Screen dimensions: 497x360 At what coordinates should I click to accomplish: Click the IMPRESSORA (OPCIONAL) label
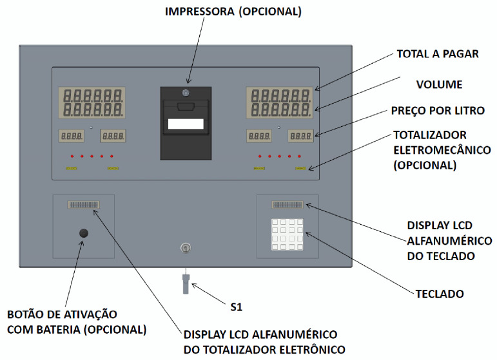tap(233, 12)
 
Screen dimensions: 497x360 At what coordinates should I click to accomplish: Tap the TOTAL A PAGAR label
tap(438, 54)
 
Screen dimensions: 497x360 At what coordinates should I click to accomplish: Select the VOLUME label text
tap(439, 84)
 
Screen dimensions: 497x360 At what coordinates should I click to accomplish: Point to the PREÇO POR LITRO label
tap(438, 111)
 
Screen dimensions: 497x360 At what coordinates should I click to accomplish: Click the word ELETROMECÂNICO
tap(442, 150)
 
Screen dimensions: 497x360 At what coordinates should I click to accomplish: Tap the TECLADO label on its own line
tap(440, 294)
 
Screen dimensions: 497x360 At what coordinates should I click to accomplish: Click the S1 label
tap(236, 307)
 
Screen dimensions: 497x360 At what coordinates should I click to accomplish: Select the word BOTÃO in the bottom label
tap(25, 314)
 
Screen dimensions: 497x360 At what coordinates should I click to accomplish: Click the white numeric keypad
tap(287, 234)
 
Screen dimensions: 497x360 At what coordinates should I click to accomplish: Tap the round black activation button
tap(83, 233)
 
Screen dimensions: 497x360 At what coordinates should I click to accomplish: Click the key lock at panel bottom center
tap(186, 248)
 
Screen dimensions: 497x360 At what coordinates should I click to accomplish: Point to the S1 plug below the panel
tap(186, 284)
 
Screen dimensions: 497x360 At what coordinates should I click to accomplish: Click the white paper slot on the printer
tap(186, 124)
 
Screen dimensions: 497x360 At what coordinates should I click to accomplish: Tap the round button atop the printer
tap(186, 93)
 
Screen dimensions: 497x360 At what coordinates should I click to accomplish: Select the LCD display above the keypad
tap(287, 205)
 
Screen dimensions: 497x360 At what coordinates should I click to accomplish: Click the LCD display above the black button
tap(83, 205)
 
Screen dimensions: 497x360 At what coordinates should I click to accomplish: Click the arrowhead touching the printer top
tap(189, 81)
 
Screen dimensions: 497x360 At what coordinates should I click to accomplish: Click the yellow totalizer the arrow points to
tap(300, 169)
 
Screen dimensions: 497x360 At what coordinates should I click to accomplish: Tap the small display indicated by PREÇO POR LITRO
tap(300, 136)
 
